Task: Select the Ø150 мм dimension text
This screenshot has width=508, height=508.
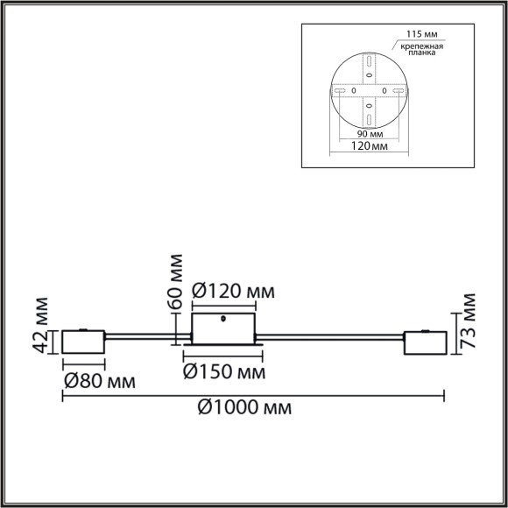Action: (x=225, y=372)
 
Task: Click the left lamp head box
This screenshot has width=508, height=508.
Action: (x=82, y=343)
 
